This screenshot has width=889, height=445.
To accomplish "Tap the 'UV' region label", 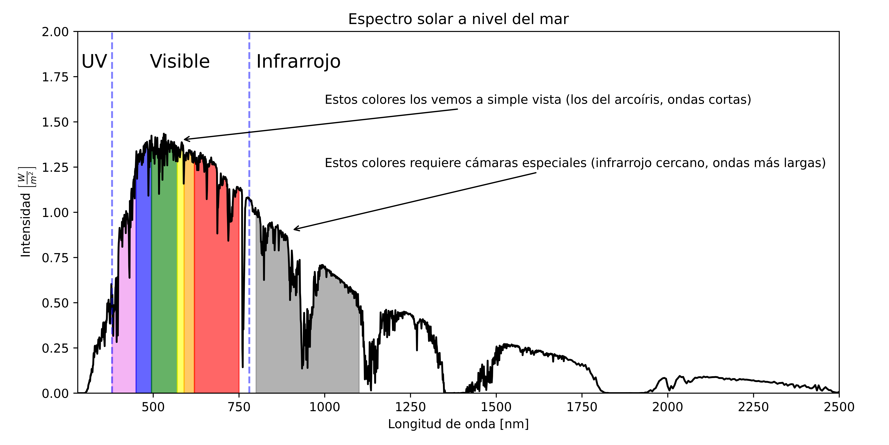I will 94,61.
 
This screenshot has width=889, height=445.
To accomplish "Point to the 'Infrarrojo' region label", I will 298,61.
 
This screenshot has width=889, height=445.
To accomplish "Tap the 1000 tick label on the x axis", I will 324,407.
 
